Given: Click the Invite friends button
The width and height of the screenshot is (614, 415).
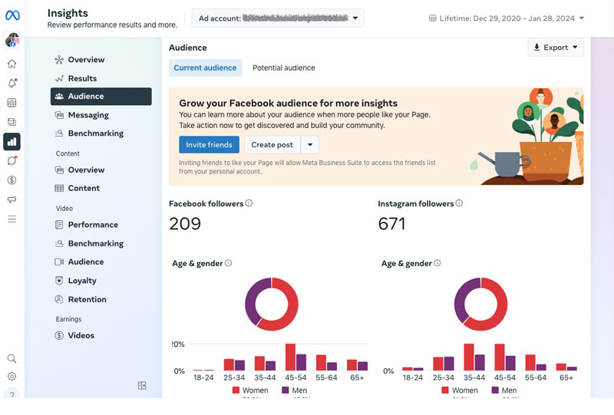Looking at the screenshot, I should click(x=209, y=145).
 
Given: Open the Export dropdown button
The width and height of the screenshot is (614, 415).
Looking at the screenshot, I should click(x=556, y=48).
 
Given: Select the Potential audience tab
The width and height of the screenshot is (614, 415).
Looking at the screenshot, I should click(x=283, y=68).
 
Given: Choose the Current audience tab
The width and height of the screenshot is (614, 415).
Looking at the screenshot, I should click(x=205, y=68).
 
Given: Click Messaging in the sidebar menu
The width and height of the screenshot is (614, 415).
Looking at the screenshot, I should click(x=88, y=115).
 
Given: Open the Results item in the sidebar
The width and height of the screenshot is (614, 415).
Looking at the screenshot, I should click(x=82, y=78).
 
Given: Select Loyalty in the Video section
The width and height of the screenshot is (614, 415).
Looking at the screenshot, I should click(x=82, y=281).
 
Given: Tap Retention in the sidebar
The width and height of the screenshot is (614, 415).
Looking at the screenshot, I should click(x=87, y=299).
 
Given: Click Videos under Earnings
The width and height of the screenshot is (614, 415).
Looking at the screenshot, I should click(x=81, y=335).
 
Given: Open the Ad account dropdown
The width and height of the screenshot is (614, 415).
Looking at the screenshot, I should click(x=278, y=18).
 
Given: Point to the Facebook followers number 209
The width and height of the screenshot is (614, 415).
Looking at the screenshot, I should click(x=185, y=224).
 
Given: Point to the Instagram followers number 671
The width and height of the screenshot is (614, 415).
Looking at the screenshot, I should click(x=391, y=224).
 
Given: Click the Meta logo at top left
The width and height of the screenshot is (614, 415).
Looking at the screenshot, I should click(x=12, y=15).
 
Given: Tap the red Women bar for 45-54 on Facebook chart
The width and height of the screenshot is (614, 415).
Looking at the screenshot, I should click(x=290, y=357).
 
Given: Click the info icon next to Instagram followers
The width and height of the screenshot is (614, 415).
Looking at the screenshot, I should click(x=459, y=204).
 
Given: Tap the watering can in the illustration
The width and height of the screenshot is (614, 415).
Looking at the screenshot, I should click(x=503, y=163).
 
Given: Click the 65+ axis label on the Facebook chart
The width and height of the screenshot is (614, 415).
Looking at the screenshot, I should click(x=357, y=378).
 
